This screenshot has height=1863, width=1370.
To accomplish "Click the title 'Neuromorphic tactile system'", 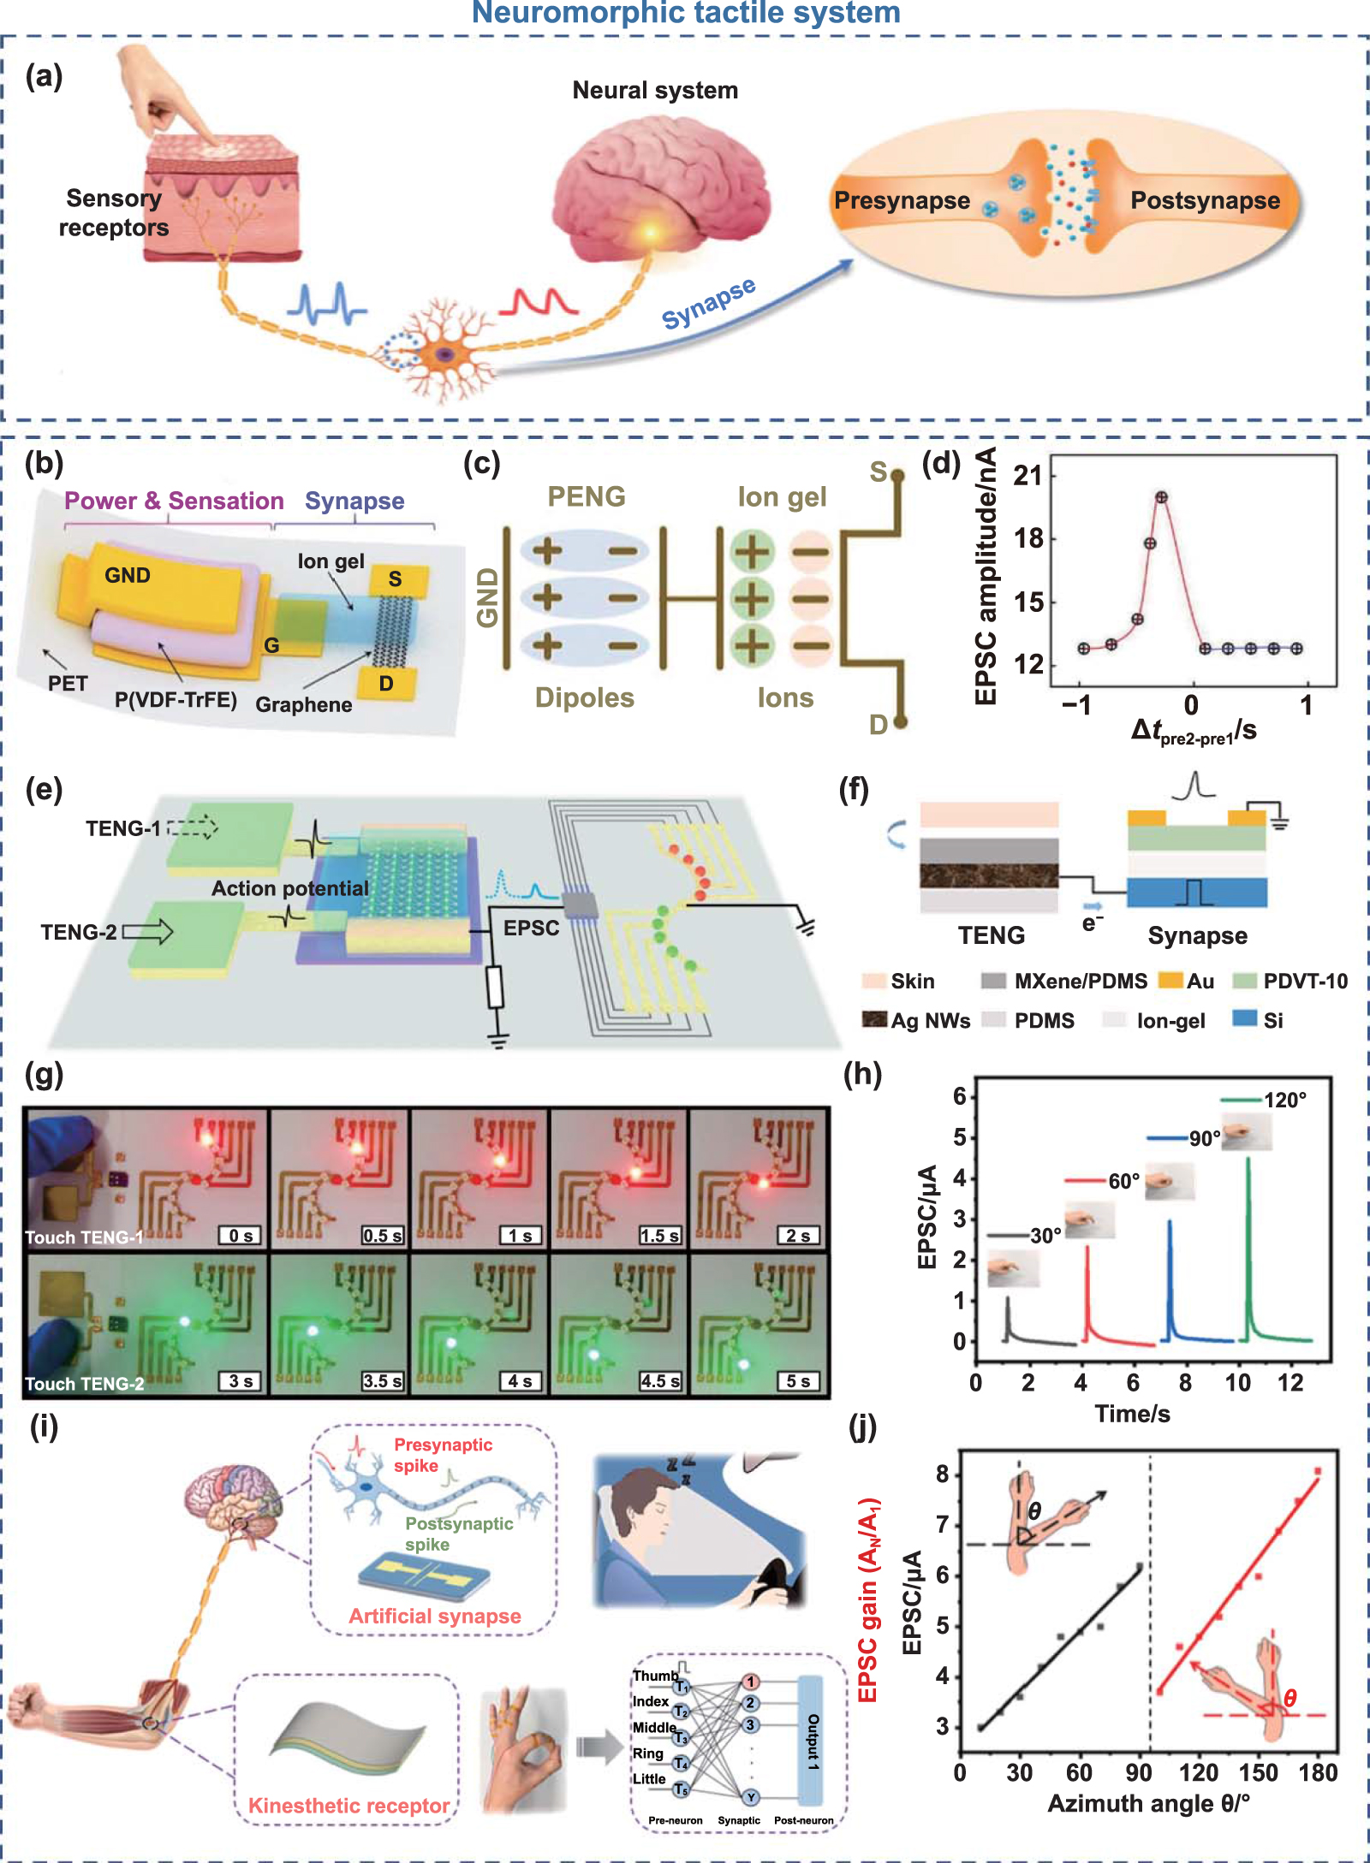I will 686,13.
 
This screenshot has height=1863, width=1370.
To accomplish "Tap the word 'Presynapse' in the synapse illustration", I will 902,200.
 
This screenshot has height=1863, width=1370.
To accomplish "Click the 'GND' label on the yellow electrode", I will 128,575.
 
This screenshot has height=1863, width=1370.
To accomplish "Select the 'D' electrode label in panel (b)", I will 386,684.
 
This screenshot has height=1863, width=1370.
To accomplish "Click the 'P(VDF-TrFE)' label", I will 176,700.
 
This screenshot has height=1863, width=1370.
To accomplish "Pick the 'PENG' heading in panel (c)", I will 587,496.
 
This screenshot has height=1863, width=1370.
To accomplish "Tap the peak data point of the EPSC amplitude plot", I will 1161,497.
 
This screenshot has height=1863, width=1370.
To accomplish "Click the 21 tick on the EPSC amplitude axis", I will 1027,475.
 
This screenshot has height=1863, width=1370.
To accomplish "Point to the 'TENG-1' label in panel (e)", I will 122,828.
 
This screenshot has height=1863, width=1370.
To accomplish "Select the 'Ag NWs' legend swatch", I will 874,1019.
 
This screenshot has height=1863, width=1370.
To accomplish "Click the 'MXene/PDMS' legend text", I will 1081,982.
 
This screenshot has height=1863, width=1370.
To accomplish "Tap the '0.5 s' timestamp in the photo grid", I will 382,1236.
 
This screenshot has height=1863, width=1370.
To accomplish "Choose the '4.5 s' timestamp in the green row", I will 659,1381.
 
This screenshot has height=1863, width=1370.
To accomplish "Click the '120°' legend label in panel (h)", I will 1285,1100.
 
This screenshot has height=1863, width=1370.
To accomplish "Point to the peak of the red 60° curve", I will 1087,1247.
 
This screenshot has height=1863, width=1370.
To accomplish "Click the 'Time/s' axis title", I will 1132,1414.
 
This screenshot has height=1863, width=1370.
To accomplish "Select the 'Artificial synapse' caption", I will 435,1616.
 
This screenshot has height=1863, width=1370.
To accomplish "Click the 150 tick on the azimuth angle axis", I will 1258,1772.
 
